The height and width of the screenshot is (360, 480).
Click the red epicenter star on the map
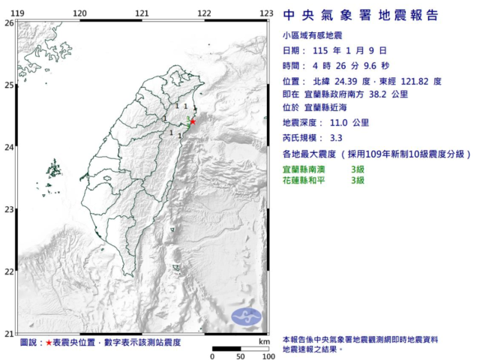pos(193,121)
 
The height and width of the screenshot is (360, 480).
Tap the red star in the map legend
pos(49,342)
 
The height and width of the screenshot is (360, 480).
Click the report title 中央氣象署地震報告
pos(360,16)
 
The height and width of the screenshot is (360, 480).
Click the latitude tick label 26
pos(8,22)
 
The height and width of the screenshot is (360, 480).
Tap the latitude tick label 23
pos(8,209)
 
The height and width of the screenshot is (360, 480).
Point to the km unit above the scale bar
pos(263,342)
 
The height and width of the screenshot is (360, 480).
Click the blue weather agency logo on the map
pos(246,316)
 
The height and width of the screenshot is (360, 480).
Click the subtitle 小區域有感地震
pos(308,35)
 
